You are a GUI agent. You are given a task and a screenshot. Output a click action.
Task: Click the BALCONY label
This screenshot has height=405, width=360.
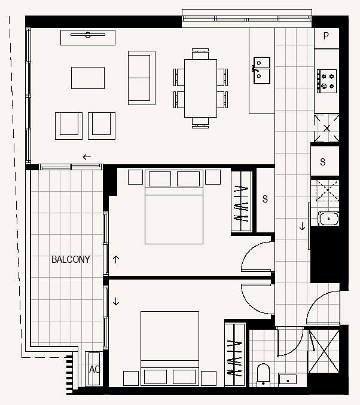[71, 259]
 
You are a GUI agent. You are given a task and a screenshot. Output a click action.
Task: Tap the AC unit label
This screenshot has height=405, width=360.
[94, 369]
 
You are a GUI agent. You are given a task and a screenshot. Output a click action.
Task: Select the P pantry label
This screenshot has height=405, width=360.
[326, 36]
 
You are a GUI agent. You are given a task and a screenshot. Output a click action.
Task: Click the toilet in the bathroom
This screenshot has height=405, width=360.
[263, 375]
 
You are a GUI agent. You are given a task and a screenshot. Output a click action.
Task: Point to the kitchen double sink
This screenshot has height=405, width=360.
[262, 70]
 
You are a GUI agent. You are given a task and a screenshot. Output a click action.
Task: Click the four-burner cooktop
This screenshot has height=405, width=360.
[327, 81]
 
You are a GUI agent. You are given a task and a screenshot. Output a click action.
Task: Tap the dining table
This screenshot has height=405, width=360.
[200, 88]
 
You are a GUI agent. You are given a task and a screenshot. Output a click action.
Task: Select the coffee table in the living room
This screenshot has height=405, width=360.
[88, 78]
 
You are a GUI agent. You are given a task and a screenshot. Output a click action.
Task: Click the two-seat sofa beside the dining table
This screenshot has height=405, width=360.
[142, 78]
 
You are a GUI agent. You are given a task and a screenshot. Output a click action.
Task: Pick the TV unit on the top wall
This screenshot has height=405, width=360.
[88, 38]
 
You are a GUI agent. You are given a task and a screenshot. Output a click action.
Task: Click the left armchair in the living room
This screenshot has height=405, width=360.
[69, 126]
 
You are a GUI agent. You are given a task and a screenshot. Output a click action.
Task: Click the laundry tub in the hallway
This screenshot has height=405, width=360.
[328, 219]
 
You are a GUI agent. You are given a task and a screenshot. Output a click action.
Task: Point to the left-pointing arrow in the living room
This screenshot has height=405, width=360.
[87, 157]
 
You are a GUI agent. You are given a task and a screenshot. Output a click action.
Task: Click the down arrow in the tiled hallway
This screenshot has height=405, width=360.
[302, 226]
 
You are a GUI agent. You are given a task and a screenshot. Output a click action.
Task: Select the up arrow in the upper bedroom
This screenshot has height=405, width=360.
[116, 259]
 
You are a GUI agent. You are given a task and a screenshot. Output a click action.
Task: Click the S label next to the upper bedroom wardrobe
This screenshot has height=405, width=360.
[265, 199]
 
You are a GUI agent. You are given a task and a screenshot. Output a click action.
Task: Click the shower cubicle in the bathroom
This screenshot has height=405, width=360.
[324, 351]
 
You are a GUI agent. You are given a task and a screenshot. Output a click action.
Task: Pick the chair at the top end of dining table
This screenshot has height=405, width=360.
[200, 54]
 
